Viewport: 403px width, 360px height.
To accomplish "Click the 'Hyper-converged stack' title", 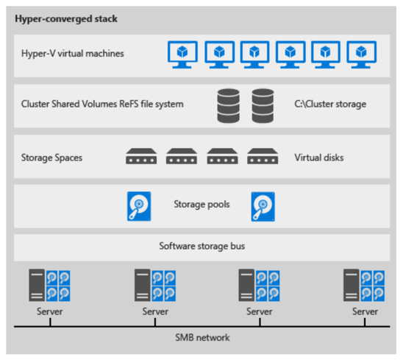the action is click(66, 19).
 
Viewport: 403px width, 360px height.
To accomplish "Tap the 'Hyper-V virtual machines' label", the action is click(73, 54).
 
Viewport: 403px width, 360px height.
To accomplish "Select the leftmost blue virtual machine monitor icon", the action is click(182, 54).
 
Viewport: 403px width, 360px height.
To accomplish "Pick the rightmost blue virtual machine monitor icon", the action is click(361, 54).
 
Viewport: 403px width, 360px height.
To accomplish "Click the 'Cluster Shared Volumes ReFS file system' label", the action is click(102, 104).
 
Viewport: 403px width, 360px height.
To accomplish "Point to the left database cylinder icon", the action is click(228, 106).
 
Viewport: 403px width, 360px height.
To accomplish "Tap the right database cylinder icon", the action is click(263, 106).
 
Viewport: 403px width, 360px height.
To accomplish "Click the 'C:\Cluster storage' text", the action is click(330, 104).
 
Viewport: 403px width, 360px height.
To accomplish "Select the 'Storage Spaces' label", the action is click(51, 158).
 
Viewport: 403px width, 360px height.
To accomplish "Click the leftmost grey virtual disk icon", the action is click(141, 156).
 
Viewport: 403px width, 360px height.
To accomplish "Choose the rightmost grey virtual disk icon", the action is click(263, 156).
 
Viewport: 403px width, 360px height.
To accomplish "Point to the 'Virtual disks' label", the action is click(319, 158).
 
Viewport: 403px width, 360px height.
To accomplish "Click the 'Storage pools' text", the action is click(201, 205).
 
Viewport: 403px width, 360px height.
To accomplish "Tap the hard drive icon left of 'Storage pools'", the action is click(139, 206).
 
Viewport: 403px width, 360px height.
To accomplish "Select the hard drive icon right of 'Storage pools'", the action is click(263, 206).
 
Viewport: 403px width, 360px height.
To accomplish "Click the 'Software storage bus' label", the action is click(201, 247).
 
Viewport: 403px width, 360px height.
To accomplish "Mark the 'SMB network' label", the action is click(202, 337).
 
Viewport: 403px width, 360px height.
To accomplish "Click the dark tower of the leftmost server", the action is click(37, 285).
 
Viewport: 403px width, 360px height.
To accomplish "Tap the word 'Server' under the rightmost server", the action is click(365, 311).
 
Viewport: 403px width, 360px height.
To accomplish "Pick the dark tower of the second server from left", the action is click(143, 285).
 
